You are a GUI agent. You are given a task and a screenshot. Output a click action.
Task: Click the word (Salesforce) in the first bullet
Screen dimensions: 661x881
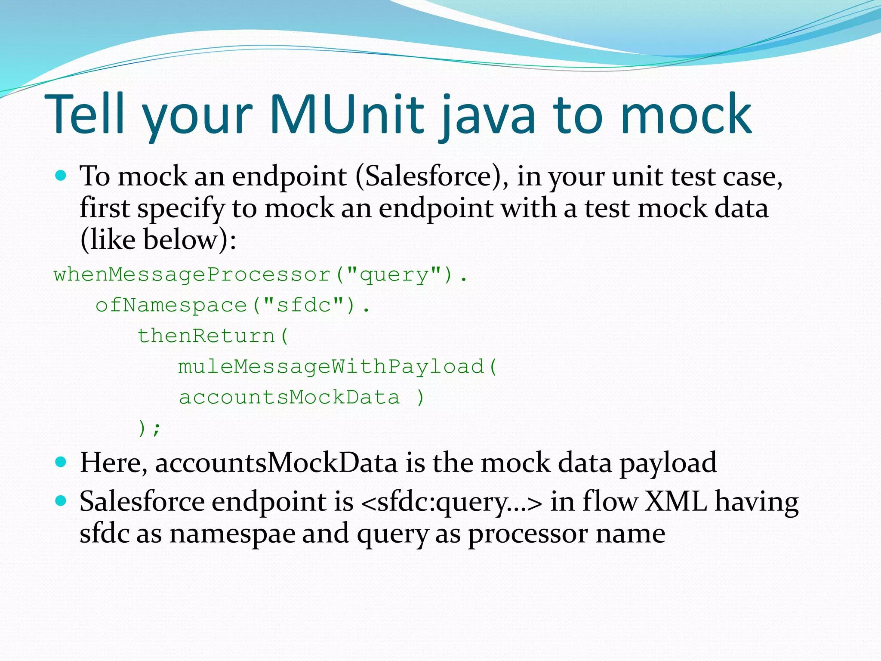(x=432, y=176)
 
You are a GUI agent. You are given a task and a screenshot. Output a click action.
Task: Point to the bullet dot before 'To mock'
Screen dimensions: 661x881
(x=61, y=175)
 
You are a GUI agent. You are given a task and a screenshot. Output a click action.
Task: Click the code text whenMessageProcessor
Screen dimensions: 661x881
(x=192, y=274)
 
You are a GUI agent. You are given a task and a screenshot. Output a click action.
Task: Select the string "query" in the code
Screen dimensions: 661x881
(x=394, y=274)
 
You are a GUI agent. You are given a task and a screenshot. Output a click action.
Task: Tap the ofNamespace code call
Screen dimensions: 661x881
(x=171, y=305)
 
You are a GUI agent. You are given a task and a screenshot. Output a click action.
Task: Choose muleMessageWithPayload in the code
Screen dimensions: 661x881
(x=331, y=367)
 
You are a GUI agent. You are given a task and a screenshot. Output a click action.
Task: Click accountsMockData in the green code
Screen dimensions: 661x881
(x=289, y=397)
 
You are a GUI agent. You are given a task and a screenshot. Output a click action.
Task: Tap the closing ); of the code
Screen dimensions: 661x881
(x=149, y=428)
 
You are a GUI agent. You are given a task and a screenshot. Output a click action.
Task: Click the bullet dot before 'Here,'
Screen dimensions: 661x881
(x=61, y=462)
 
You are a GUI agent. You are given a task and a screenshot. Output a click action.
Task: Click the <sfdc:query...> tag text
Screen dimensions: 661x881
(x=452, y=502)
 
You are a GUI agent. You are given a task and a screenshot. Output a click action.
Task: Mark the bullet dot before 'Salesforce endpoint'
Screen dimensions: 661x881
(x=61, y=500)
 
